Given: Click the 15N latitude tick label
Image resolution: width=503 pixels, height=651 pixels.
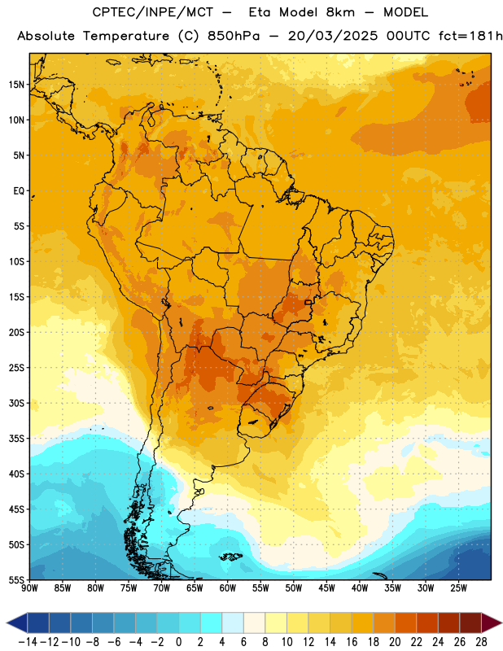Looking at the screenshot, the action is pyautogui.click(x=16, y=85).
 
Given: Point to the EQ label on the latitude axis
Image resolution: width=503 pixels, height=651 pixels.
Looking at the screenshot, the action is pyautogui.click(x=19, y=191).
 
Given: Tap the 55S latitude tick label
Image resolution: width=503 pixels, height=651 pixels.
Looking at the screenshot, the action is pyautogui.click(x=16, y=579).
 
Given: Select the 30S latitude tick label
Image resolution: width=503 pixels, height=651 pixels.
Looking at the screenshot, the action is pyautogui.click(x=16, y=403).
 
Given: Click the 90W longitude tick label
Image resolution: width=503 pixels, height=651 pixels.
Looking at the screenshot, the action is pyautogui.click(x=30, y=588).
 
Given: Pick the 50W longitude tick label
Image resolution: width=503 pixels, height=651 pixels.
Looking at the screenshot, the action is pyautogui.click(x=294, y=588).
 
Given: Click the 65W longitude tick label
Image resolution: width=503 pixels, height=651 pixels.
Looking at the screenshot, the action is pyautogui.click(x=195, y=588).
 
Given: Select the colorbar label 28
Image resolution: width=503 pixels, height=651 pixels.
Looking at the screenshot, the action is pyautogui.click(x=481, y=642).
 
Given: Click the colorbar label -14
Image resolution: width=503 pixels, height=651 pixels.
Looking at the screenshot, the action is pyautogui.click(x=28, y=642).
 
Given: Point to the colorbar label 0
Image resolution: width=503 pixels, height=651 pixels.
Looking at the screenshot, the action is pyautogui.click(x=178, y=642).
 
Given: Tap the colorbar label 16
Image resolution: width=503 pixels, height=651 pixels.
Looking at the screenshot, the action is pyautogui.click(x=352, y=642).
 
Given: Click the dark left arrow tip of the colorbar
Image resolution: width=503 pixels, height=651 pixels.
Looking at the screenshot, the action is pyautogui.click(x=7, y=623).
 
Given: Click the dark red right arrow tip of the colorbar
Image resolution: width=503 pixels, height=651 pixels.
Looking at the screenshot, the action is pyautogui.click(x=501, y=623).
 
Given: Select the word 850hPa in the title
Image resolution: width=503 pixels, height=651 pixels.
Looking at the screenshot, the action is pyautogui.click(x=234, y=36).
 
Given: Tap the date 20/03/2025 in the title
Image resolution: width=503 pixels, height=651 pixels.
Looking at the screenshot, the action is pyautogui.click(x=333, y=36).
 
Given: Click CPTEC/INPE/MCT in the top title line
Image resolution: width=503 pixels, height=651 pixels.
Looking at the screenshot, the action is pyautogui.click(x=152, y=12).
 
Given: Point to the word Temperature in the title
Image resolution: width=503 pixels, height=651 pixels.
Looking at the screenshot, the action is pyautogui.click(x=126, y=37).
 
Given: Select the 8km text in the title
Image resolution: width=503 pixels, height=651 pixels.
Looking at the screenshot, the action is pyautogui.click(x=340, y=12).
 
